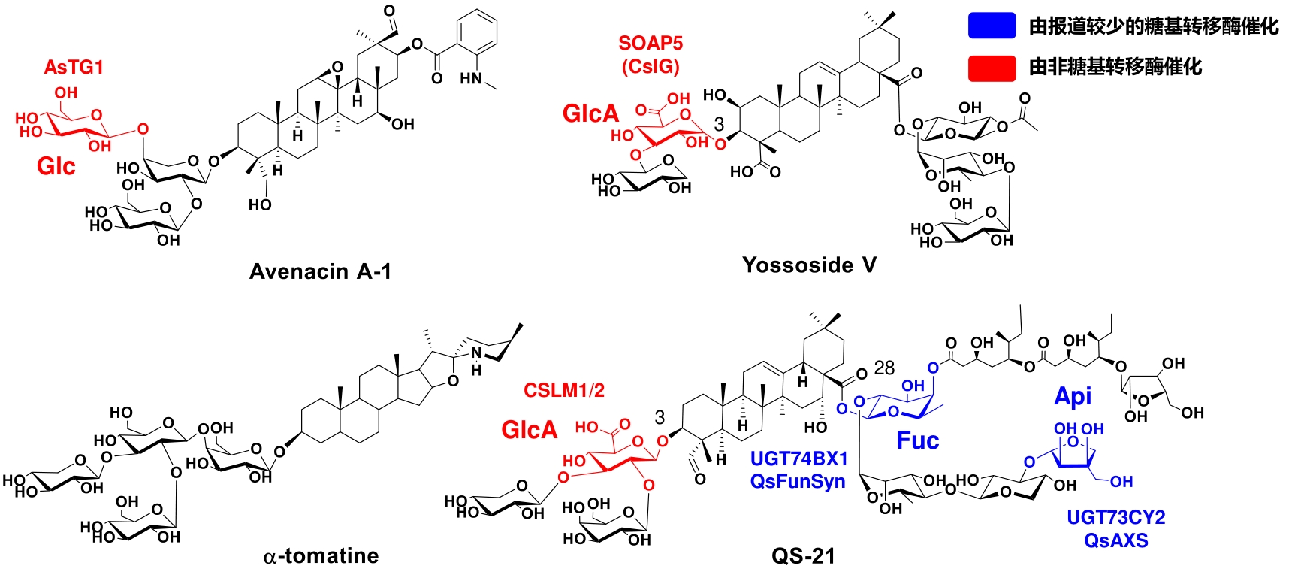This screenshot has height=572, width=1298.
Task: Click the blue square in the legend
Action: (x=992, y=26)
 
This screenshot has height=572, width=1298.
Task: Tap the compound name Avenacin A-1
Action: (x=320, y=271)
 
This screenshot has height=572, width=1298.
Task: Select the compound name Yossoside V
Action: (x=809, y=265)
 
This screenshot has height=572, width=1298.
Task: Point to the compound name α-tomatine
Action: (x=321, y=556)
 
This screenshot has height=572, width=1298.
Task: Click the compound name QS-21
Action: (x=803, y=556)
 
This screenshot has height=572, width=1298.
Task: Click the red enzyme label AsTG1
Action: (x=74, y=68)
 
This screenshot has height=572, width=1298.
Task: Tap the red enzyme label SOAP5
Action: (x=651, y=44)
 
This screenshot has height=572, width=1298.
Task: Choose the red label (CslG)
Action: (x=651, y=67)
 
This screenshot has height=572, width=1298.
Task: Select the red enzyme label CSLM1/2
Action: (x=564, y=391)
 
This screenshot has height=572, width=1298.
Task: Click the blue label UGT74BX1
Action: (x=799, y=459)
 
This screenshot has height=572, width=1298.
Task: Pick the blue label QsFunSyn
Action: (x=798, y=481)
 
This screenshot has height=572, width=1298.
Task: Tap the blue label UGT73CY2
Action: (x=1116, y=518)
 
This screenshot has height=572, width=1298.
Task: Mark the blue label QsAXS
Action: (x=1116, y=540)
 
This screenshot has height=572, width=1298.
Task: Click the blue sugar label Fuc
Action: (x=918, y=440)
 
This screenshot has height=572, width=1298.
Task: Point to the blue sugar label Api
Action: (x=1073, y=396)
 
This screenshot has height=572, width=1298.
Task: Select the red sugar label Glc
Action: (x=56, y=166)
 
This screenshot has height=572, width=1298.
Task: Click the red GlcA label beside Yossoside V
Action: (x=591, y=114)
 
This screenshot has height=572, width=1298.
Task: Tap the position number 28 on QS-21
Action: (x=884, y=368)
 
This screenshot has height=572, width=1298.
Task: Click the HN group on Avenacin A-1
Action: (x=472, y=78)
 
